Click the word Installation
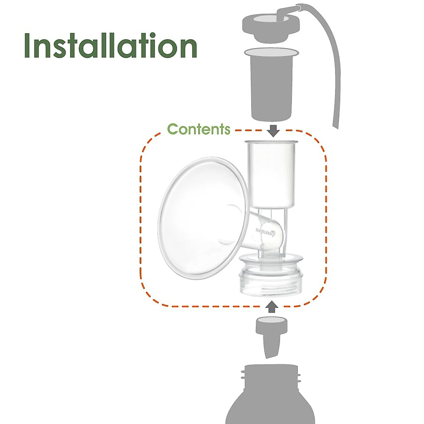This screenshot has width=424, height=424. (x=110, y=46)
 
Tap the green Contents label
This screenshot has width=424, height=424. (x=199, y=129)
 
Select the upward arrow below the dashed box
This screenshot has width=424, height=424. (x=271, y=307)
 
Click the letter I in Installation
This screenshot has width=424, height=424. (x=28, y=46)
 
